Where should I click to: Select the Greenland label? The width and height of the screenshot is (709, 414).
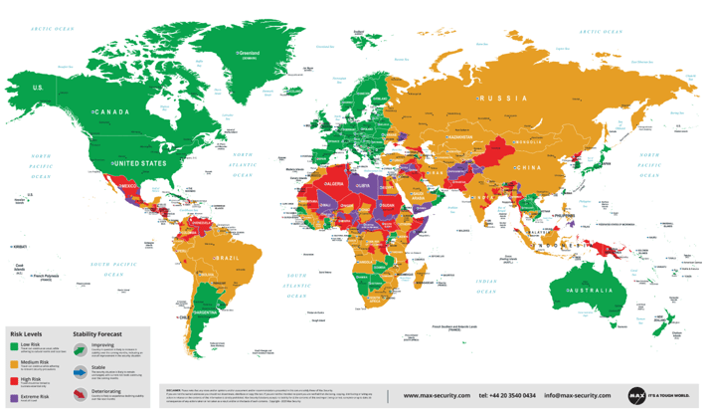click(x=248, y=52)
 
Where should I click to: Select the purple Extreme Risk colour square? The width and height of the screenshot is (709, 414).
click(x=14, y=398)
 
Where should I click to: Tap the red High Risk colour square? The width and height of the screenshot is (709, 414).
click(x=14, y=381)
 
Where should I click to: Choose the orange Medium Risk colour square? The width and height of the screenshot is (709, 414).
click(x=14, y=364)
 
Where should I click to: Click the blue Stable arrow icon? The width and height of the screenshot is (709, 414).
click(x=80, y=368)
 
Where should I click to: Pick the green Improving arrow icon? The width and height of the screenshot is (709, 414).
click(x=80, y=348)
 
